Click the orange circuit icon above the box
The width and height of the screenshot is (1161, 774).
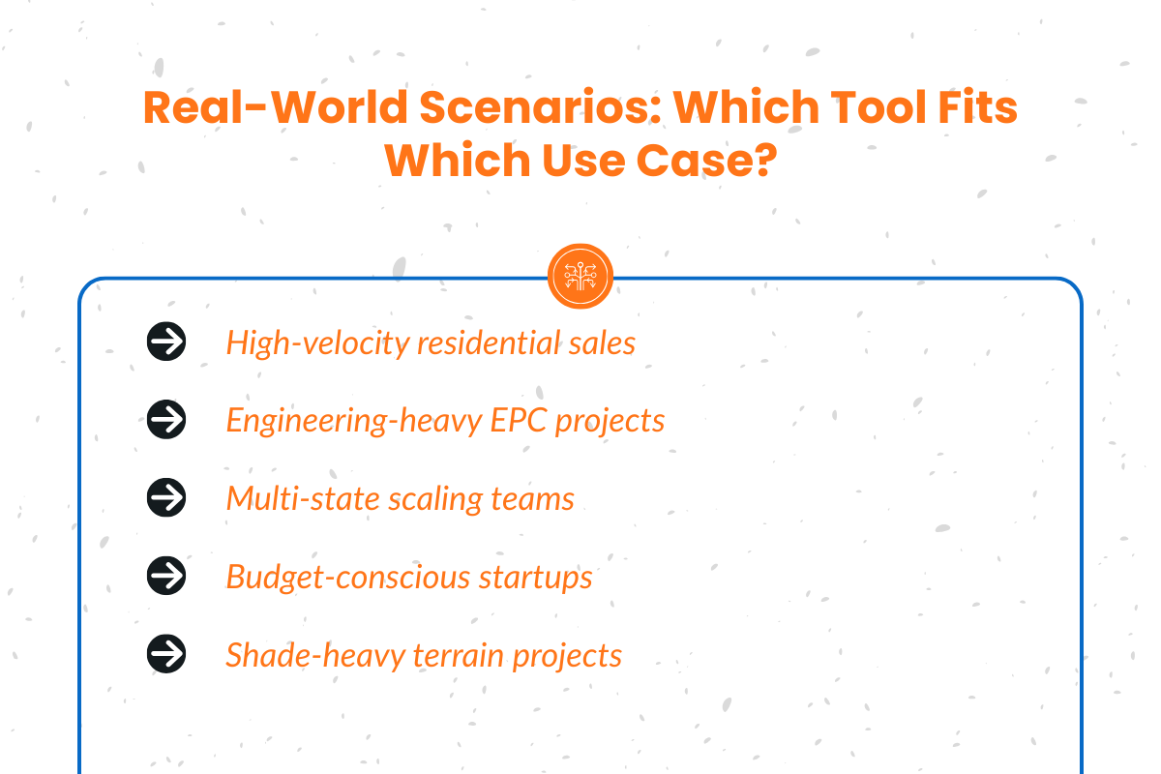tap(580, 277)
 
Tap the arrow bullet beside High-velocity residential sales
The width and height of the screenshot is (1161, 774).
tap(166, 342)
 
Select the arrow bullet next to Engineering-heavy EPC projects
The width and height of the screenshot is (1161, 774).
tap(166, 420)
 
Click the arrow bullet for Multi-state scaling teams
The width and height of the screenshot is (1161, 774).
tap(166, 498)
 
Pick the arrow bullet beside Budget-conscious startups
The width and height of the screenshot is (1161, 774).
tap(166, 577)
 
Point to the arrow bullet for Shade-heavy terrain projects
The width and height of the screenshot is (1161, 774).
tap(166, 655)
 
